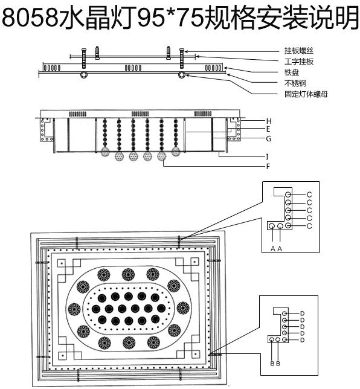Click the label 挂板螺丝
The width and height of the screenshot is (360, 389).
click(x=299, y=51)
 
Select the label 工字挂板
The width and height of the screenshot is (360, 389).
click(x=299, y=62)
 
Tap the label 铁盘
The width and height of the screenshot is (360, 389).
click(x=292, y=72)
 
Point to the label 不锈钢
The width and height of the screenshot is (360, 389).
click(x=295, y=83)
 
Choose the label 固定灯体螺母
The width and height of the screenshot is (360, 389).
click(x=306, y=94)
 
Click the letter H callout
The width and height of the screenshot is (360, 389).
click(x=269, y=121)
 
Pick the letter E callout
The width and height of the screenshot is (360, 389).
click(x=268, y=129)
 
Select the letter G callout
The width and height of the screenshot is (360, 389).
click(x=269, y=139)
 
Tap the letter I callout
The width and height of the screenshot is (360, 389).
click(x=267, y=157)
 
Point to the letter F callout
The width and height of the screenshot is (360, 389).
click(x=268, y=167)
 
